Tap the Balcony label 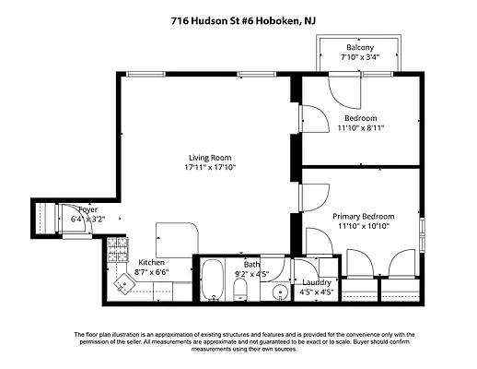click(x=360, y=48)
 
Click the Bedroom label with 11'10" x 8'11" click(x=360, y=118)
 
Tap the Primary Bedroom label click(x=360, y=215)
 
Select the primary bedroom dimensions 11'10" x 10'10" click(x=360, y=226)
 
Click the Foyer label click(x=88, y=210)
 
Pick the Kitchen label click(x=151, y=263)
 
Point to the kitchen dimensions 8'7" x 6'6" click(x=151, y=273)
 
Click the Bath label click(x=251, y=264)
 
